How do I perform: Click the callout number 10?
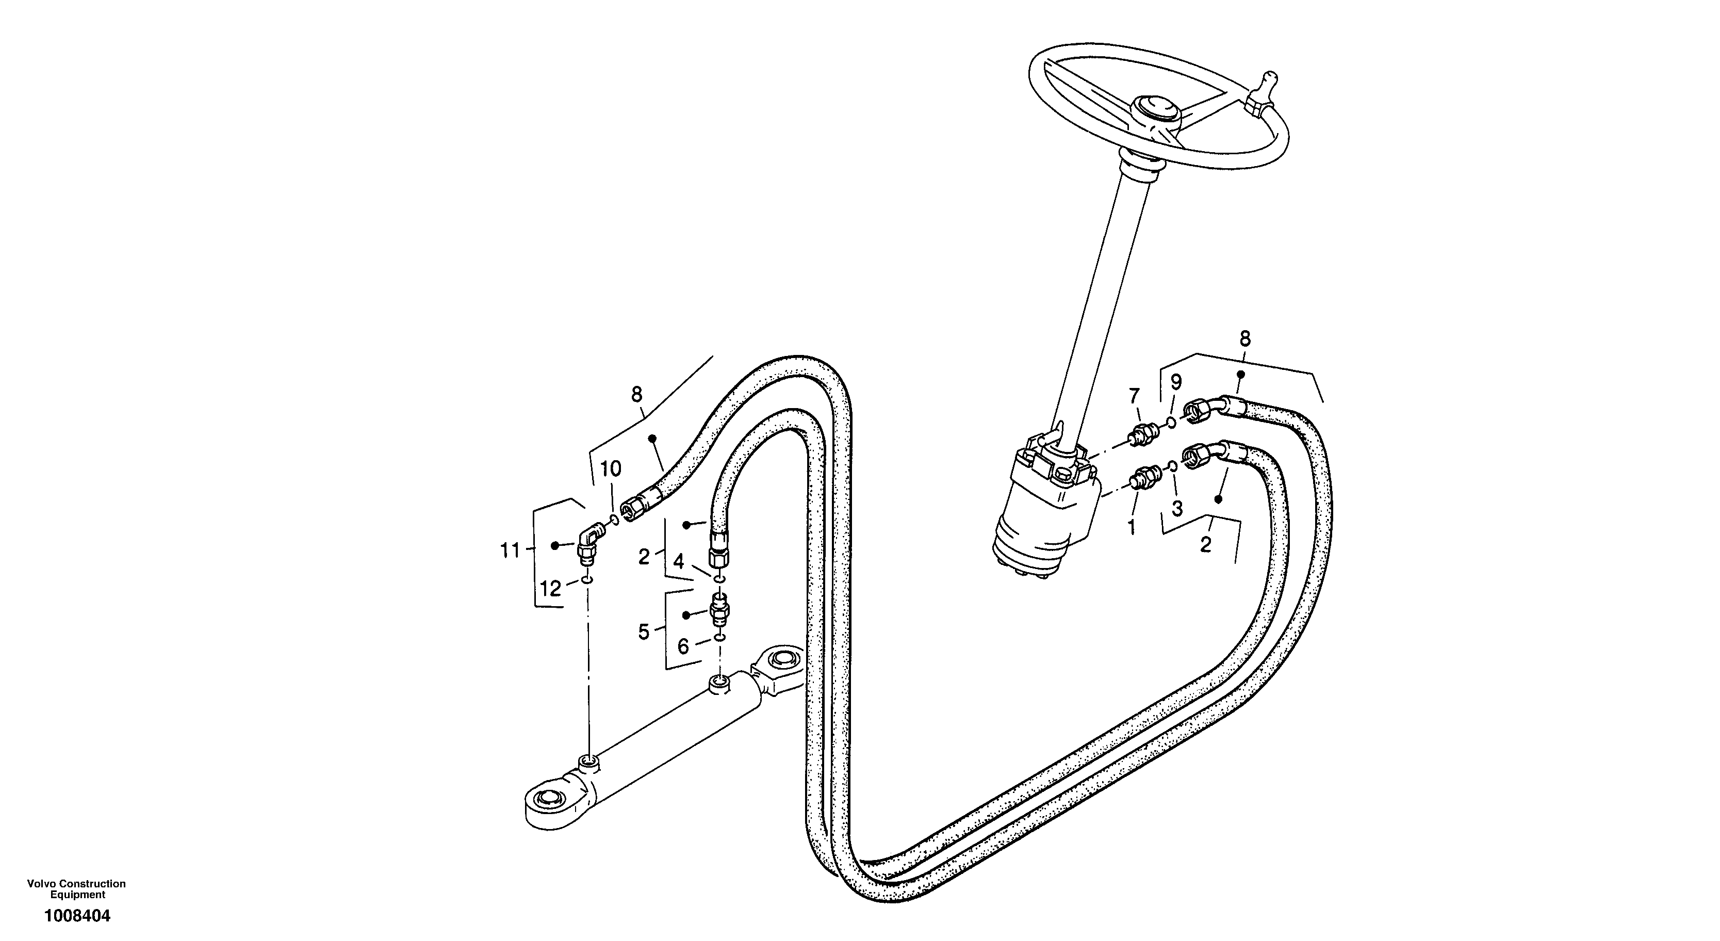pyautogui.click(x=610, y=469)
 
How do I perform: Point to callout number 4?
pyautogui.click(x=678, y=562)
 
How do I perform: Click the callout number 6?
pyautogui.click(x=683, y=646)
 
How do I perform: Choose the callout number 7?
pyautogui.click(x=1135, y=397)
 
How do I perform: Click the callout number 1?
pyautogui.click(x=1131, y=528)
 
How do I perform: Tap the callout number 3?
pyautogui.click(x=1177, y=508)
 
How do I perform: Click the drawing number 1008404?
pyautogui.click(x=77, y=916)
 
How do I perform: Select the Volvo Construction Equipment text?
pyautogui.click(x=76, y=889)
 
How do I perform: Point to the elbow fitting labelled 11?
pyautogui.click(x=123, y=538)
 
